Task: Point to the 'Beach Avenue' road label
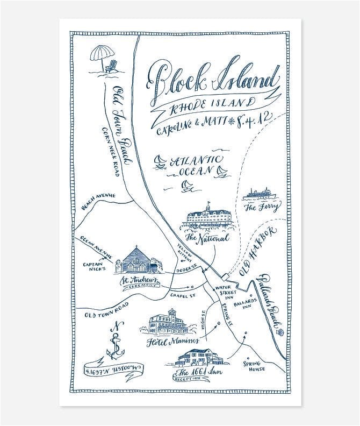(x=98, y=201)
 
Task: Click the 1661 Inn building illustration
(x=199, y=358)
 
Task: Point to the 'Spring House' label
(x=255, y=366)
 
